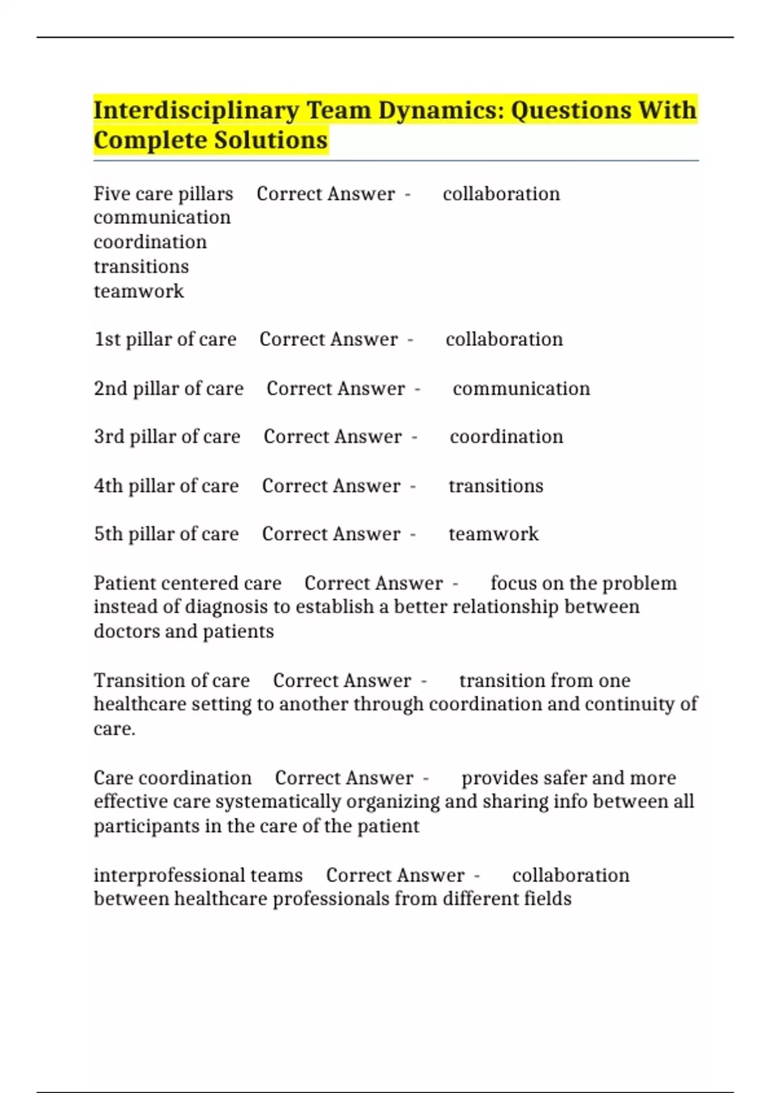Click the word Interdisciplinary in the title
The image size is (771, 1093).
point(196,111)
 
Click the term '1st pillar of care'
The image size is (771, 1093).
point(165,339)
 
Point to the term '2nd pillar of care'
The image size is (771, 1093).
point(168,388)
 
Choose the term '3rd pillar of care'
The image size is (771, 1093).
point(167,437)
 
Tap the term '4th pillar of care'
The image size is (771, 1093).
point(166,485)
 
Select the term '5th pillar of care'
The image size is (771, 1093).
point(166,534)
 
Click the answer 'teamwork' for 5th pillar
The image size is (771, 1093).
point(493,534)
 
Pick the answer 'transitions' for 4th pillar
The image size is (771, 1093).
point(495,485)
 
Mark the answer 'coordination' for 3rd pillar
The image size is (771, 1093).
point(506,437)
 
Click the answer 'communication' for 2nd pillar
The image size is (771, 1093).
point(521,388)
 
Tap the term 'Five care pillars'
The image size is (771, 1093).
point(163,194)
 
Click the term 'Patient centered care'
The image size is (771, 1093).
point(188,583)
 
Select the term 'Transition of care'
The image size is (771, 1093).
point(172,680)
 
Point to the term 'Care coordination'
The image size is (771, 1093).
point(172,778)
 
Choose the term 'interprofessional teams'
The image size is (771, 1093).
point(198,875)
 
